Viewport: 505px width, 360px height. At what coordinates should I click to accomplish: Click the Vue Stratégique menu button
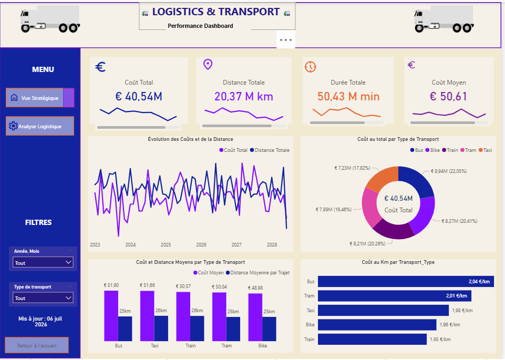[40, 98]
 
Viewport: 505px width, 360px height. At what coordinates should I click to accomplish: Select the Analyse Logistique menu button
[40, 126]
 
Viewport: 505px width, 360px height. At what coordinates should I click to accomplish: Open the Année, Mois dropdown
[43, 262]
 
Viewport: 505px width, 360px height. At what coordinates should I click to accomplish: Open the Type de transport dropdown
[43, 298]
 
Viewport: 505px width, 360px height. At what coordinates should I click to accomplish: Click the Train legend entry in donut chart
[450, 150]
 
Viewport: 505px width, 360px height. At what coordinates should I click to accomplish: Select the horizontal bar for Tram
[395, 295]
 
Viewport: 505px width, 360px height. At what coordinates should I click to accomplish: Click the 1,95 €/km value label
[440, 339]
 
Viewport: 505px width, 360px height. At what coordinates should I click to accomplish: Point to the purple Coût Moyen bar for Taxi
[147, 315]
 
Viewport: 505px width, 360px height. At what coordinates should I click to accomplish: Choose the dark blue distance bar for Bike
[269, 329]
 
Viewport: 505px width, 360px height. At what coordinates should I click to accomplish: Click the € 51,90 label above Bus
[111, 285]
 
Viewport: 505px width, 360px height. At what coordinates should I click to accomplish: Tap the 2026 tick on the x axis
[201, 245]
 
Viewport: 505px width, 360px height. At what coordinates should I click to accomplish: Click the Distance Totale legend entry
[270, 150]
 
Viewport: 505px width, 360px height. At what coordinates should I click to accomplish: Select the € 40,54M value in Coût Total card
[139, 96]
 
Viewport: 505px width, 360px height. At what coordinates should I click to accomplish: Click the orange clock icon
[310, 67]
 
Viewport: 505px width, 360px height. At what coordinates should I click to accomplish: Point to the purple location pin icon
[208, 65]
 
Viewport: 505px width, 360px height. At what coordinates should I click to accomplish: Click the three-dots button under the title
[286, 40]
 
